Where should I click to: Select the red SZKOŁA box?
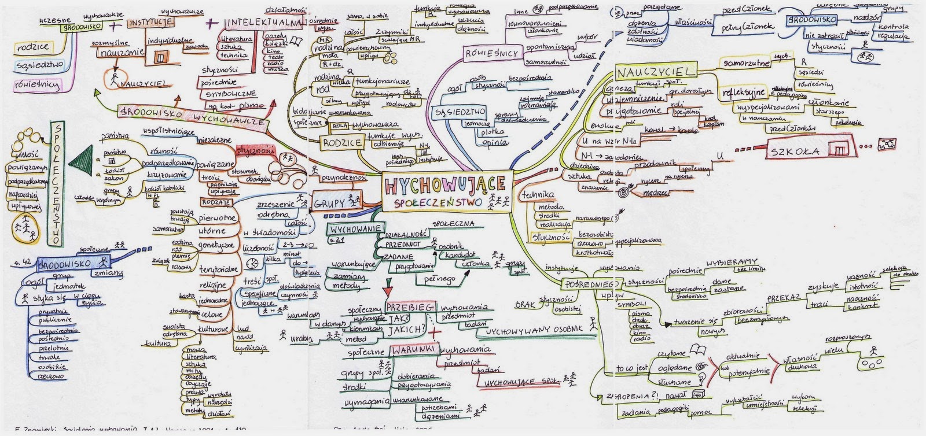[807, 150]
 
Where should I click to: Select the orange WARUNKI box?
[411, 350]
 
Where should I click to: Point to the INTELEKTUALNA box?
[265, 23]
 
